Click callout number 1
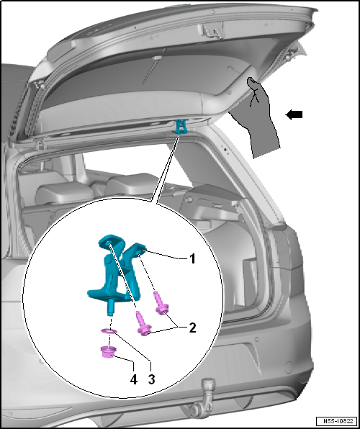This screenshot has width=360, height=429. point(193,258)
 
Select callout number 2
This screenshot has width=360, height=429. point(193,328)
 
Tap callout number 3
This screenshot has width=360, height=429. point(151,379)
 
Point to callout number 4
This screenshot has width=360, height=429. point(134,379)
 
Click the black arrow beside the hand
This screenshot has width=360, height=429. point(294,114)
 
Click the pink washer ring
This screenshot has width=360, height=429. point(109,332)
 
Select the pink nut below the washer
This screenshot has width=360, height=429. point(108,351)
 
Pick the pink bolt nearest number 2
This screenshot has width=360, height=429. point(161,304)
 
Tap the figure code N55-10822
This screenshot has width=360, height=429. point(336,421)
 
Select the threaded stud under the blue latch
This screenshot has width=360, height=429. point(111,307)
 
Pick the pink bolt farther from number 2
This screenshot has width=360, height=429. point(143,323)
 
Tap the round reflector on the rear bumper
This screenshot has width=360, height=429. point(288,367)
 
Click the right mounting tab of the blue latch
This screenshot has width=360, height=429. point(140,248)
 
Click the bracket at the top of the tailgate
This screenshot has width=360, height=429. point(214,30)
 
